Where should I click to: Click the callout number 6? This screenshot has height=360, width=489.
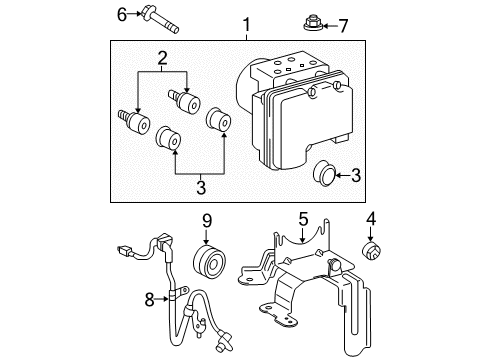click(123, 13)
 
